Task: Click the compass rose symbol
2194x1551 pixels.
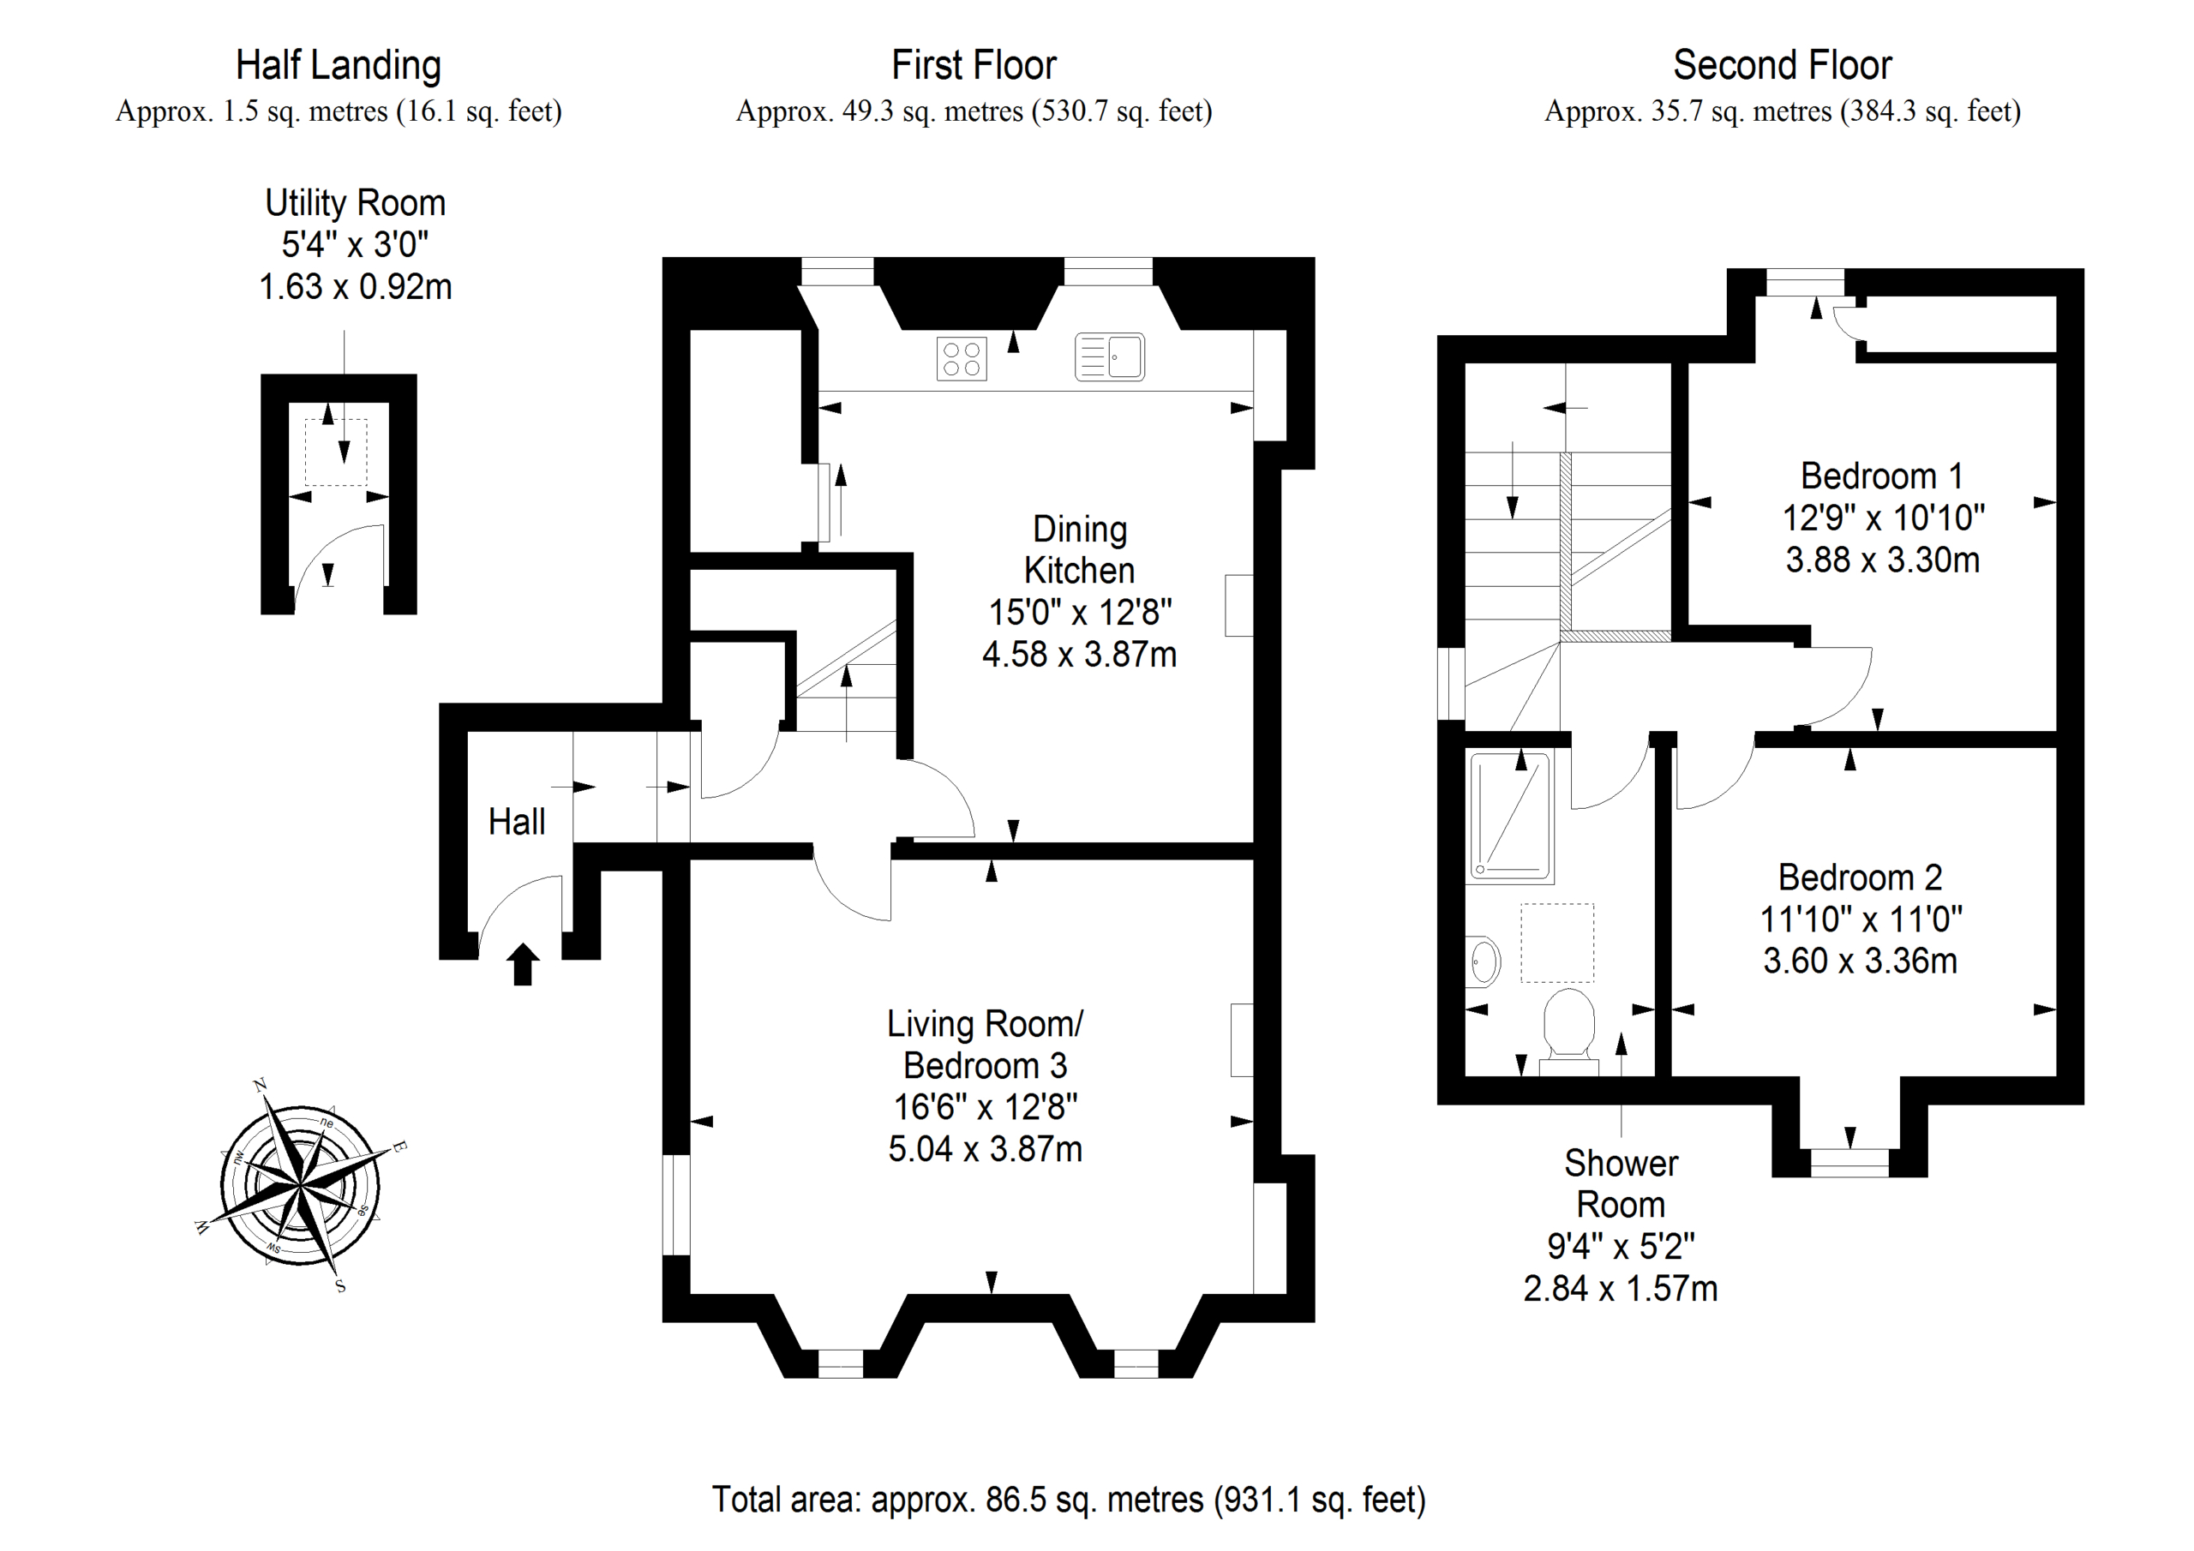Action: click(x=300, y=1186)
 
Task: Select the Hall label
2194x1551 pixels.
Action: click(x=516, y=822)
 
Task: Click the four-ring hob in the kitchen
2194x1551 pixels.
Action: click(x=961, y=358)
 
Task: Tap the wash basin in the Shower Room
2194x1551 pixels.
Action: click(x=1483, y=960)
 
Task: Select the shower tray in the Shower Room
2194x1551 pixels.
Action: click(x=1511, y=816)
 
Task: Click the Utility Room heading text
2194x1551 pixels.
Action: click(x=356, y=204)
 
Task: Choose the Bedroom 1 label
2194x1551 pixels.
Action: click(x=1881, y=476)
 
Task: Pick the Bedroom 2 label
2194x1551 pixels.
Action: click(x=1860, y=877)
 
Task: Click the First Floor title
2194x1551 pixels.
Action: click(x=974, y=66)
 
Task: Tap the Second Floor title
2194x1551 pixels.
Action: click(x=1782, y=66)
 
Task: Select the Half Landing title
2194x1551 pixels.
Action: click(x=339, y=66)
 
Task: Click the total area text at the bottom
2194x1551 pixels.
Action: click(x=1069, y=1500)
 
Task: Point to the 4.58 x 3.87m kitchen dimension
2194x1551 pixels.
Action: click(x=1079, y=655)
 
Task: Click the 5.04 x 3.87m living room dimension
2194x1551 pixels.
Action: click(x=986, y=1148)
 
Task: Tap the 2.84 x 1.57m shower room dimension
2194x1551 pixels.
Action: click(x=1620, y=1289)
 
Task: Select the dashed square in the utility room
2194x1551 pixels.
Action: click(x=335, y=452)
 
